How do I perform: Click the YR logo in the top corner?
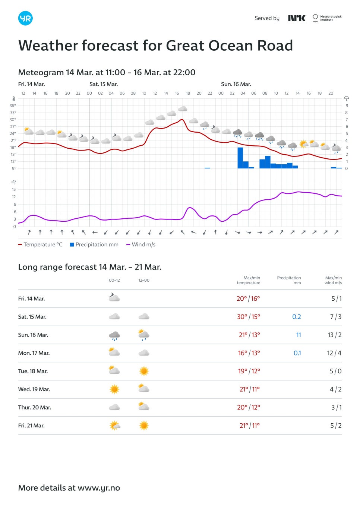pyautogui.click(x=25, y=18)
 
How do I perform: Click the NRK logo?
pyautogui.click(x=297, y=18)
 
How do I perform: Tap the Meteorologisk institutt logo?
pyautogui.click(x=327, y=18)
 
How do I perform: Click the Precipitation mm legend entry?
pyautogui.click(x=94, y=244)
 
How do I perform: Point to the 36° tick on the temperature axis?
pyautogui.click(x=13, y=106)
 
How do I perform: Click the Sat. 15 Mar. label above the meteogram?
pyautogui.click(x=104, y=84)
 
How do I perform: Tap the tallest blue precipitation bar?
pyautogui.click(x=240, y=158)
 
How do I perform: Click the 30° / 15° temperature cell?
pyautogui.click(x=248, y=317)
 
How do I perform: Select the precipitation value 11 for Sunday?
pyautogui.click(x=299, y=335)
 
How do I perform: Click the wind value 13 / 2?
pyautogui.click(x=334, y=335)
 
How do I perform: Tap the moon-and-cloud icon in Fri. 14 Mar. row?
pyautogui.click(x=114, y=297)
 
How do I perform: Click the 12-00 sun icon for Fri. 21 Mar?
pyautogui.click(x=144, y=426)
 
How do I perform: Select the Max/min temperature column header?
pyautogui.click(x=249, y=280)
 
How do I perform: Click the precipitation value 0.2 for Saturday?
pyautogui.click(x=296, y=317)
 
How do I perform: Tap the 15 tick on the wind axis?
pyautogui.click(x=14, y=189)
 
